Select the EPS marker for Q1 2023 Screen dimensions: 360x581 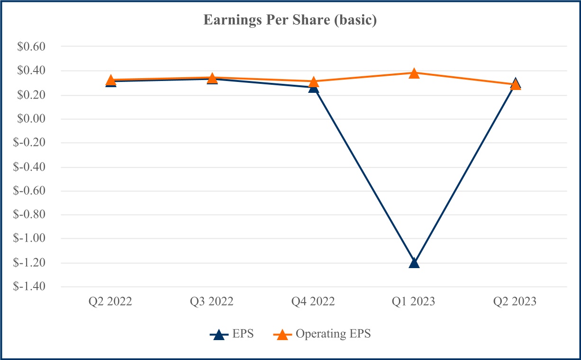click(x=414, y=262)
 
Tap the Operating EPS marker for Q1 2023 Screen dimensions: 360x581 click(x=414, y=73)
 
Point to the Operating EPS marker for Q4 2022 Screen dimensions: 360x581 click(x=313, y=82)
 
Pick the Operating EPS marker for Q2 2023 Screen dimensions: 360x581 click(x=516, y=85)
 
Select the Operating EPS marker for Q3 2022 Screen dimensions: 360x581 click(x=212, y=78)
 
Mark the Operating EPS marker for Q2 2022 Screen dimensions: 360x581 click(x=111, y=80)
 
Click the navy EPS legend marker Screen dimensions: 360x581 click(x=218, y=334)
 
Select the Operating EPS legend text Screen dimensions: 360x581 click(x=333, y=334)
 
